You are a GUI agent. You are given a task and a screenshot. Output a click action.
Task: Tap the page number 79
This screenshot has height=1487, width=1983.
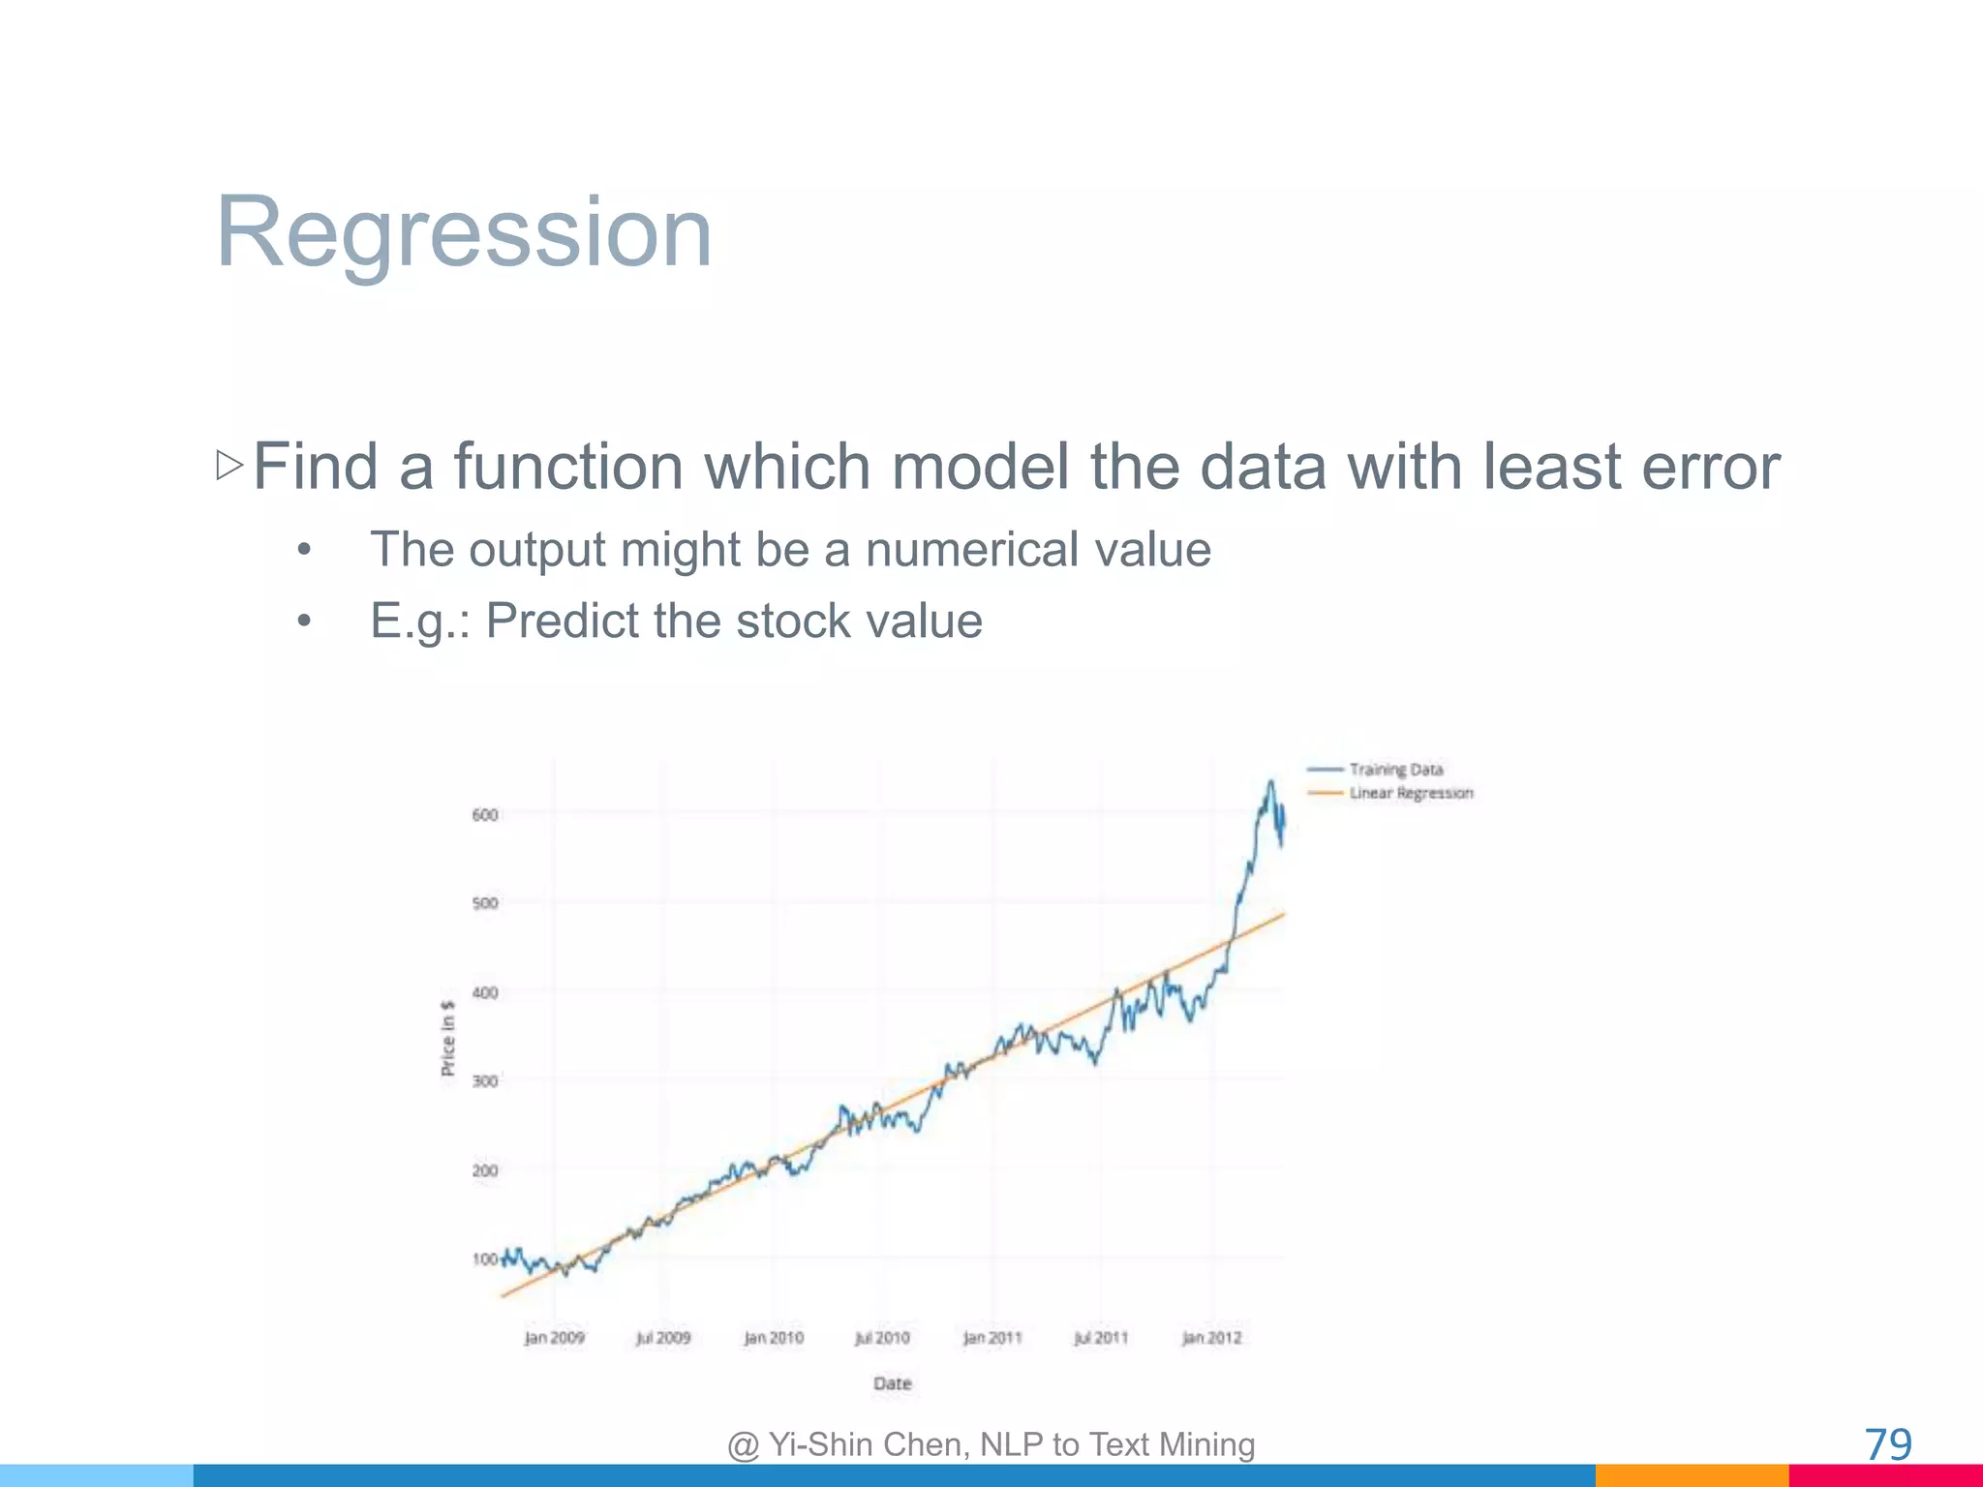pyautogui.click(x=1887, y=1444)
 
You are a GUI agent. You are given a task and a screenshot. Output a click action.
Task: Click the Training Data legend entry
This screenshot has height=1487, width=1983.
pyautogui.click(x=1395, y=770)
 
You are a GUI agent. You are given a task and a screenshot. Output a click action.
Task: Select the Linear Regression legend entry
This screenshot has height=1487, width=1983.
pyautogui.click(x=1410, y=793)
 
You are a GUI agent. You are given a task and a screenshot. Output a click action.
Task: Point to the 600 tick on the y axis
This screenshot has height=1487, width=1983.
pyautogui.click(x=484, y=815)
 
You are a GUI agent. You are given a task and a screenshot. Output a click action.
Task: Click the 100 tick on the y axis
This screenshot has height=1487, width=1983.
pyautogui.click(x=484, y=1259)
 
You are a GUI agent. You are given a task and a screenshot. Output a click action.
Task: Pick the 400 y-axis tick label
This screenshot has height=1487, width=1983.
pyautogui.click(x=484, y=992)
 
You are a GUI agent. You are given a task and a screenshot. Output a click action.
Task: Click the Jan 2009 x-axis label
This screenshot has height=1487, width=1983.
pyautogui.click(x=554, y=1338)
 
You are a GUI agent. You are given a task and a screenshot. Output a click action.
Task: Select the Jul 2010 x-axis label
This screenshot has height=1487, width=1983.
pyautogui.click(x=882, y=1338)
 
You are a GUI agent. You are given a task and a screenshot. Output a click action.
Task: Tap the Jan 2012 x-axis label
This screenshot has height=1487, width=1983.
pyautogui.click(x=1211, y=1338)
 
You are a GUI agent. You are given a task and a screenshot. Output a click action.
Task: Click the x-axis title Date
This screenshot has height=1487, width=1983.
pyautogui.click(x=892, y=1383)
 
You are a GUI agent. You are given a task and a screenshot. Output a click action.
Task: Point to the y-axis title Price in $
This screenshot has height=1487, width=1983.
pyautogui.click(x=447, y=1038)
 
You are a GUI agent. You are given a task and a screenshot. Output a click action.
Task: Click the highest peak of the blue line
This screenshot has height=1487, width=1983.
pyautogui.click(x=1270, y=782)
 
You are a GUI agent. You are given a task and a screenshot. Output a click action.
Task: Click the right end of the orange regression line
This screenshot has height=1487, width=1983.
pyautogui.click(x=1283, y=914)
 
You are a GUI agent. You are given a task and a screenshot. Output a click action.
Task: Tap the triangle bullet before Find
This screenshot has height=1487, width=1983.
pyautogui.click(x=229, y=466)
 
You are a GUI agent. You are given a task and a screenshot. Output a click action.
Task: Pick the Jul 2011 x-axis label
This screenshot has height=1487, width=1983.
pyautogui.click(x=1101, y=1338)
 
